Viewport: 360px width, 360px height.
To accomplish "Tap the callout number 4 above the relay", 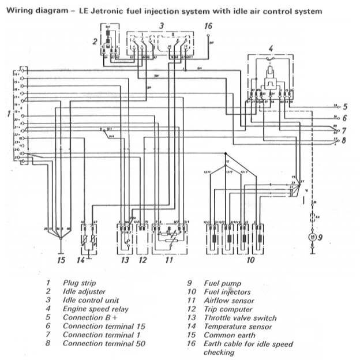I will pyautogui.click(x=271, y=48).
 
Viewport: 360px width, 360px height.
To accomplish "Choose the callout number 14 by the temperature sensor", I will pyautogui.click(x=80, y=261).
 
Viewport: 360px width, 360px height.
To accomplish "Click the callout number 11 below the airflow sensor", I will pyautogui.click(x=168, y=261).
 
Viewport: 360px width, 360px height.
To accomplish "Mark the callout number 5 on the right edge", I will pyautogui.click(x=344, y=107).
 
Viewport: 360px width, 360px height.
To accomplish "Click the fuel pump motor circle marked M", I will pyautogui.click(x=312, y=237).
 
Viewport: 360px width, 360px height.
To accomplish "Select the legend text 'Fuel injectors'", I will pyautogui.click(x=227, y=292).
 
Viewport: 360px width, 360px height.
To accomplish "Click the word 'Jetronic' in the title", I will pyautogui.click(x=100, y=10).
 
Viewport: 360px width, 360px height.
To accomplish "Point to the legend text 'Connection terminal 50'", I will pyautogui.click(x=104, y=344).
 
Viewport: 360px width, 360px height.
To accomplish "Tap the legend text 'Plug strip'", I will pyautogui.click(x=80, y=283).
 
